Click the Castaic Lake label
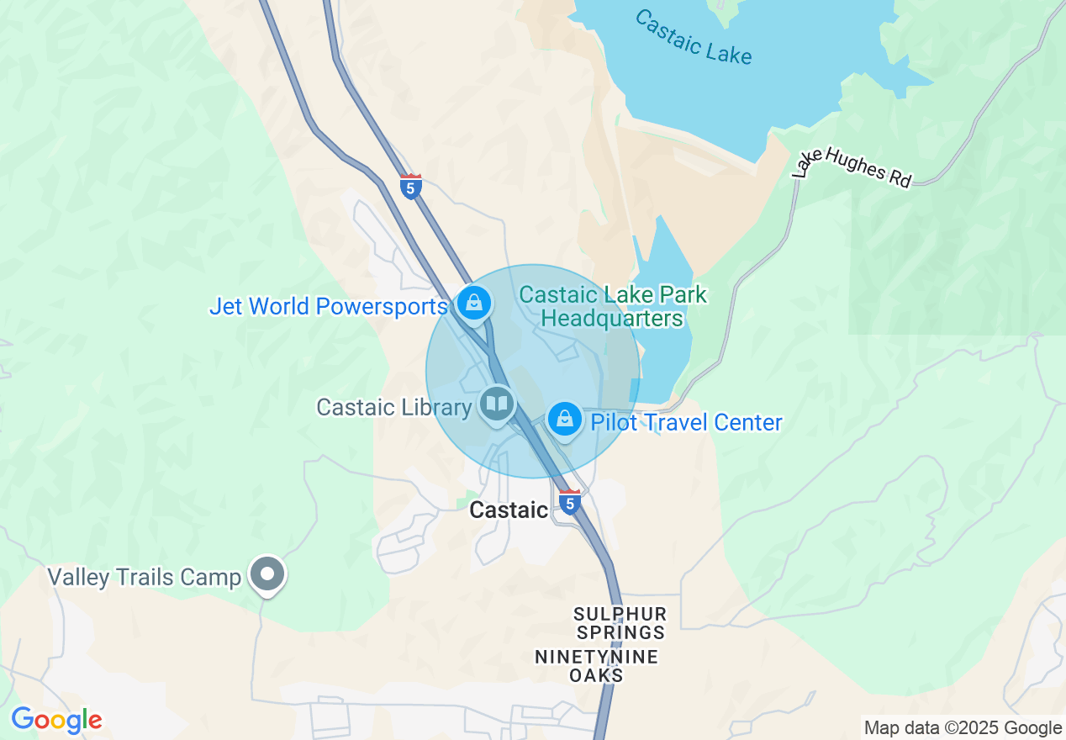(x=693, y=37)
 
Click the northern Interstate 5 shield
(x=410, y=186)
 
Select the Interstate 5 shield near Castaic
(x=570, y=502)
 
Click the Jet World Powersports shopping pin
(x=474, y=302)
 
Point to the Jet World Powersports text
(x=328, y=306)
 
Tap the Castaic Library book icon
(x=497, y=404)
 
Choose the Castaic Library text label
(x=393, y=408)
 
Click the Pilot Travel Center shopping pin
(x=564, y=418)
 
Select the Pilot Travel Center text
(x=686, y=422)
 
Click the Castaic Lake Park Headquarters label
(x=613, y=307)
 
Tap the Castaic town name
(x=508, y=510)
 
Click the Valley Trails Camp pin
(x=268, y=575)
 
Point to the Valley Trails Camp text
(x=144, y=578)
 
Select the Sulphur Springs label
(x=620, y=623)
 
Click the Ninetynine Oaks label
(x=596, y=666)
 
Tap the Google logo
(x=56, y=720)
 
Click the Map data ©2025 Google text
(x=963, y=728)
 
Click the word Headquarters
(x=612, y=319)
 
